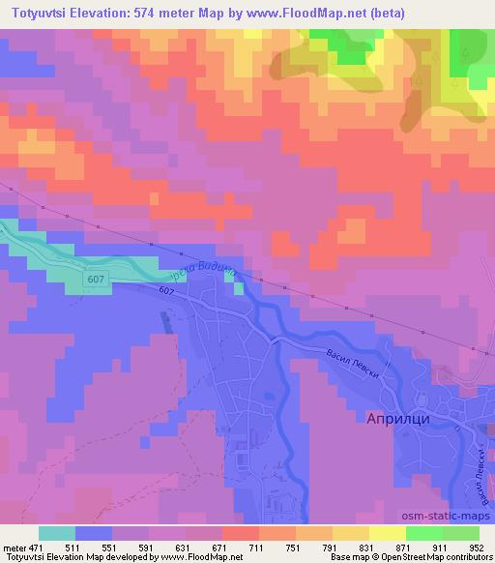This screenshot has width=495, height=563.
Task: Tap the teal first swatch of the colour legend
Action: (x=56, y=533)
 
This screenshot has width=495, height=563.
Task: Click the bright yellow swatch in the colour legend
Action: (x=387, y=533)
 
